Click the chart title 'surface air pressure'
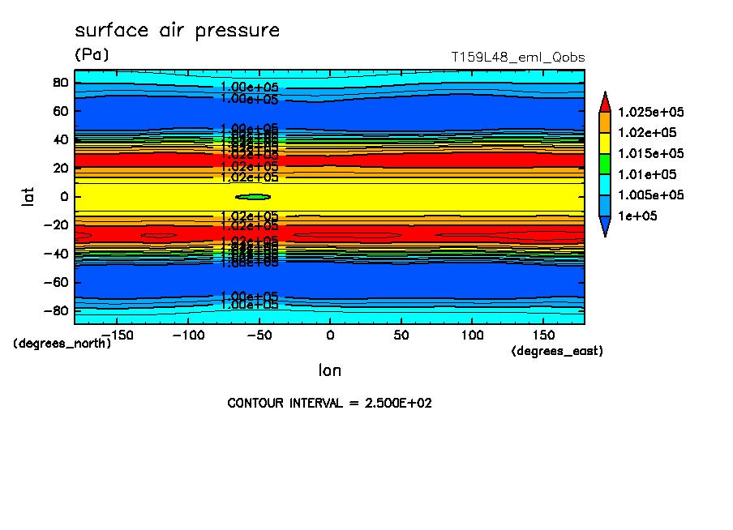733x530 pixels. tap(177, 31)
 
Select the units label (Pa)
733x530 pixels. tap(91, 55)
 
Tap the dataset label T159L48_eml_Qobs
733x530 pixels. tap(517, 58)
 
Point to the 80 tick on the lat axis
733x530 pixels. tap(59, 82)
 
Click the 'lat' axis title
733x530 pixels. tap(28, 195)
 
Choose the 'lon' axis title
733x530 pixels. tap(329, 371)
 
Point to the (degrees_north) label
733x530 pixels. tap(62, 343)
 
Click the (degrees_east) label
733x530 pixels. tap(557, 351)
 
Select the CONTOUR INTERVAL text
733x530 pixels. tap(329, 403)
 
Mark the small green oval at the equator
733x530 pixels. tap(252, 197)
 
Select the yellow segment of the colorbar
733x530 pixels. tap(604, 143)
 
